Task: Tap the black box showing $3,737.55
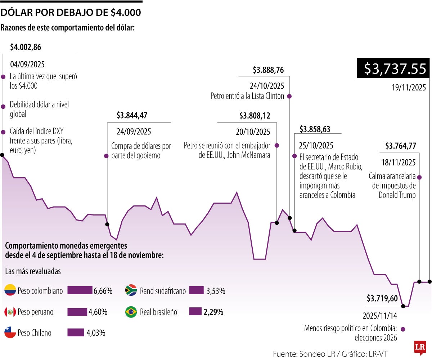pos(393,68)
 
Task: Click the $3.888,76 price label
pos(268,70)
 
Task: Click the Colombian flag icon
pos(10,290)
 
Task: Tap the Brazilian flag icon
pos(131,312)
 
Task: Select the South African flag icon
pos(131,290)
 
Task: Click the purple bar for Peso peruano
pos(77,312)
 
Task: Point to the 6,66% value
pos(103,291)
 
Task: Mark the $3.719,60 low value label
pos(382,298)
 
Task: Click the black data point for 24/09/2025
pos(107,224)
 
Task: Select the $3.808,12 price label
pos(255,116)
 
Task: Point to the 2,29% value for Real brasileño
pos(213,312)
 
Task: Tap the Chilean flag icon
pos(10,333)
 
